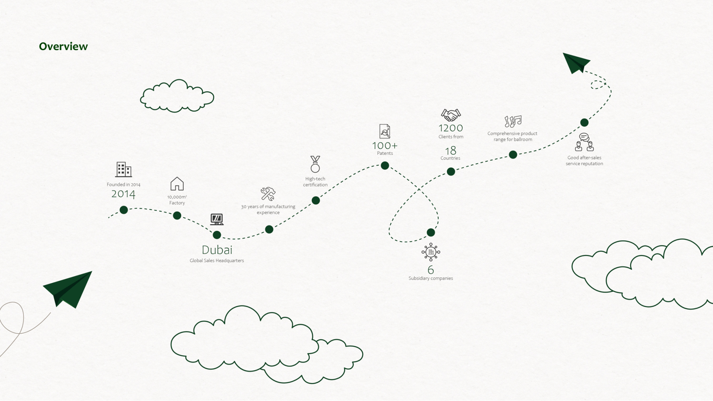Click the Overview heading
(64, 46)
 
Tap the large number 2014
(123, 194)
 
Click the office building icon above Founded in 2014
(124, 169)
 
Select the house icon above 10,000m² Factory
(177, 184)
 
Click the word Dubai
(217, 250)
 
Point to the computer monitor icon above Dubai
(217, 219)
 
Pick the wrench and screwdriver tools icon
(268, 194)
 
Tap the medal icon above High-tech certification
(315, 164)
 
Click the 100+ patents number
(385, 146)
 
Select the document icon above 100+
(385, 131)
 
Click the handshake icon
(451, 115)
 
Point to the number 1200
(451, 128)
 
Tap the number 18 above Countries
(450, 151)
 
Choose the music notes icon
(513, 121)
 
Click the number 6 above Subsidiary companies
(431, 270)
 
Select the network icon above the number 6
(431, 252)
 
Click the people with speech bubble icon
(584, 142)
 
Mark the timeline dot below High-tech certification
(316, 200)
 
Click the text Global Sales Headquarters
(217, 261)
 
